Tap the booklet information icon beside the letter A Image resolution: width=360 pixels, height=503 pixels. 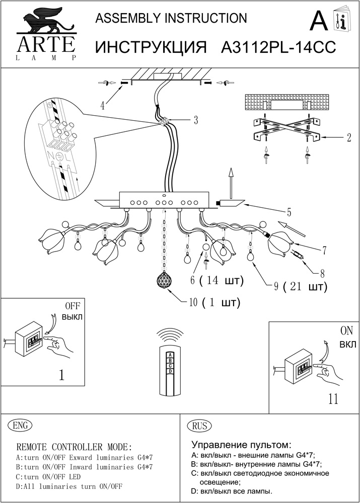tap(341, 21)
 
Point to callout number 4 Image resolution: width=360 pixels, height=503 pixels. tap(103, 106)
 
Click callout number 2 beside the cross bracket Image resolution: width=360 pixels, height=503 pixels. tap(348, 137)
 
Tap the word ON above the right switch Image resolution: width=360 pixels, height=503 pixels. tap(347, 331)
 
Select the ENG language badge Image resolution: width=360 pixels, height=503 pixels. tap(20, 426)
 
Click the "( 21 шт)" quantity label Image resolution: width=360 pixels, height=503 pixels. tap(305, 287)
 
